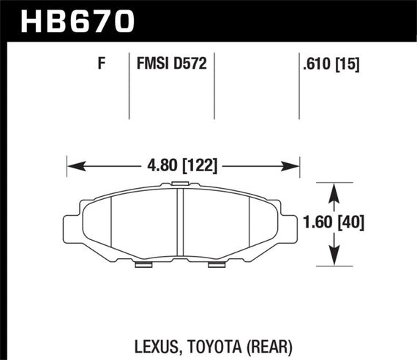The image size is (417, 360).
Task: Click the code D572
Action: tap(190, 64)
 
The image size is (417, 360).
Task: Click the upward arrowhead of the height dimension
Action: tap(334, 188)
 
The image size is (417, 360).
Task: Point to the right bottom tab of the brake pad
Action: tap(218, 263)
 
